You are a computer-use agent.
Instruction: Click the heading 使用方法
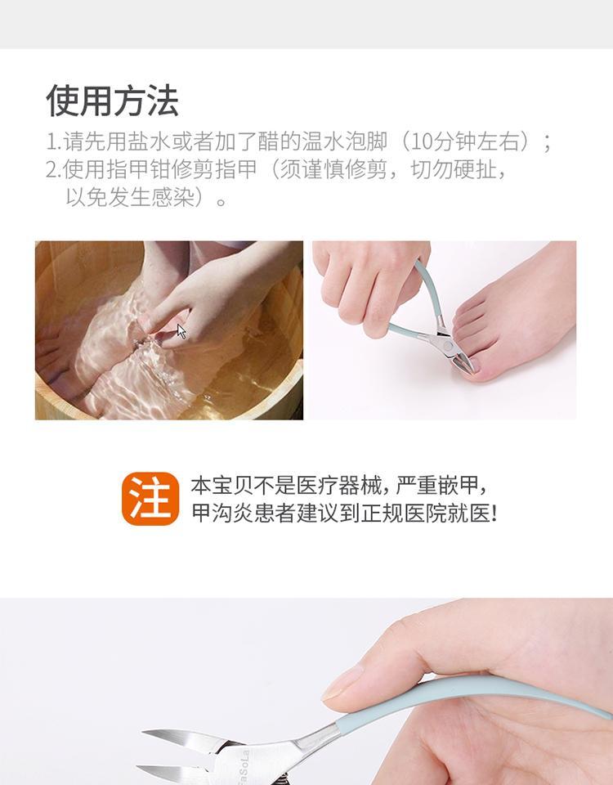tap(112, 101)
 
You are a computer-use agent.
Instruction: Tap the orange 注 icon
tap(150, 499)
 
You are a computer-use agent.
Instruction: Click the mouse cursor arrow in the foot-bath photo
tap(181, 331)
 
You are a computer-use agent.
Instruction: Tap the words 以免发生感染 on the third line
tap(129, 197)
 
